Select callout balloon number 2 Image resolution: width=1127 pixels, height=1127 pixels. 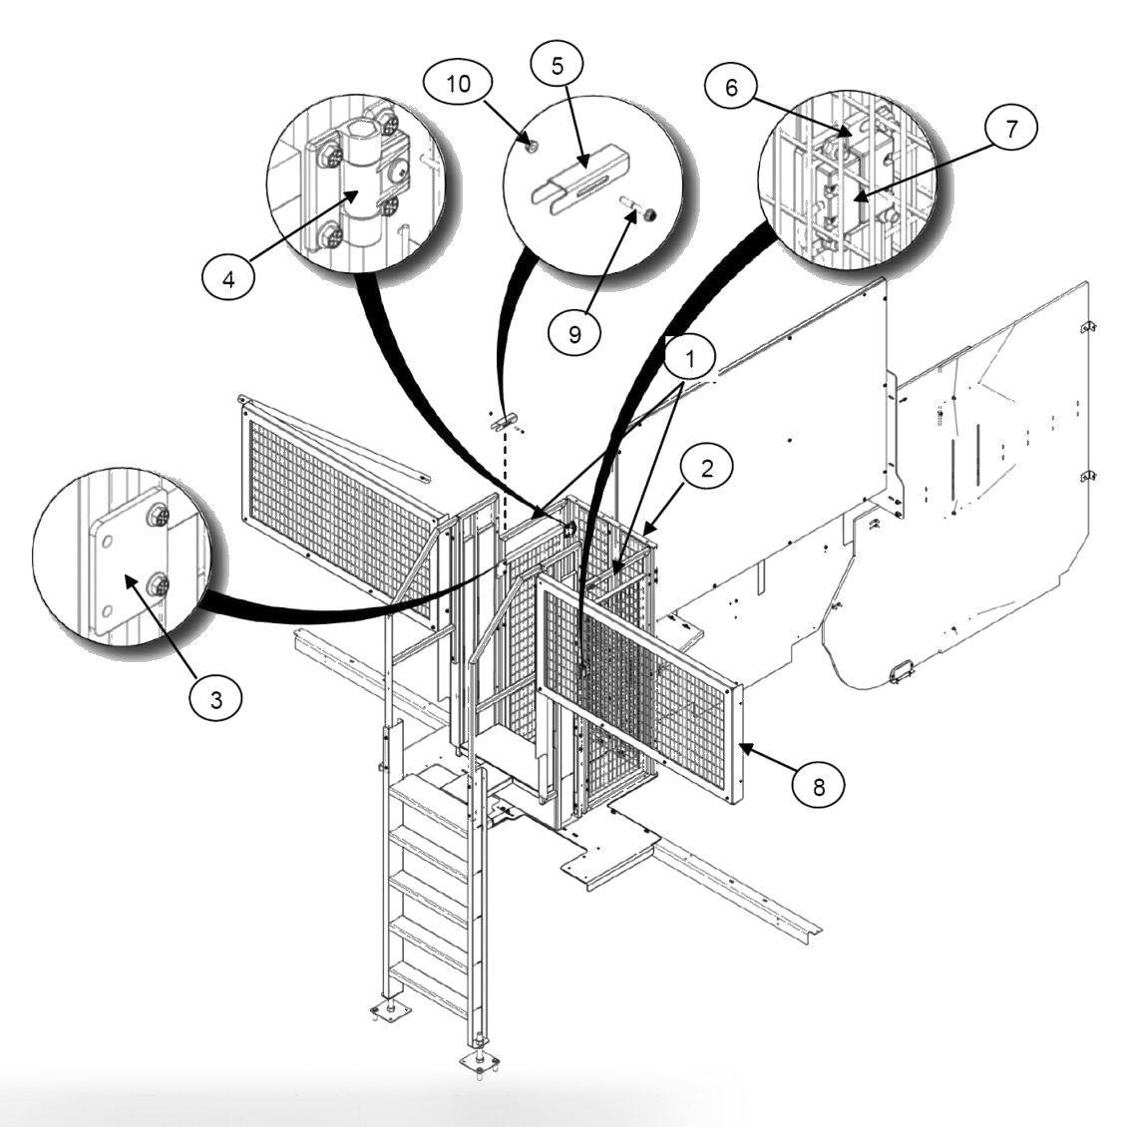click(x=706, y=467)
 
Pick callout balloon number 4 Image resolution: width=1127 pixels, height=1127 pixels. click(x=227, y=278)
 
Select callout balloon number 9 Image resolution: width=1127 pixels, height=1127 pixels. click(x=574, y=332)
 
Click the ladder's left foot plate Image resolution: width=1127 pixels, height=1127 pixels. click(x=390, y=1012)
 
